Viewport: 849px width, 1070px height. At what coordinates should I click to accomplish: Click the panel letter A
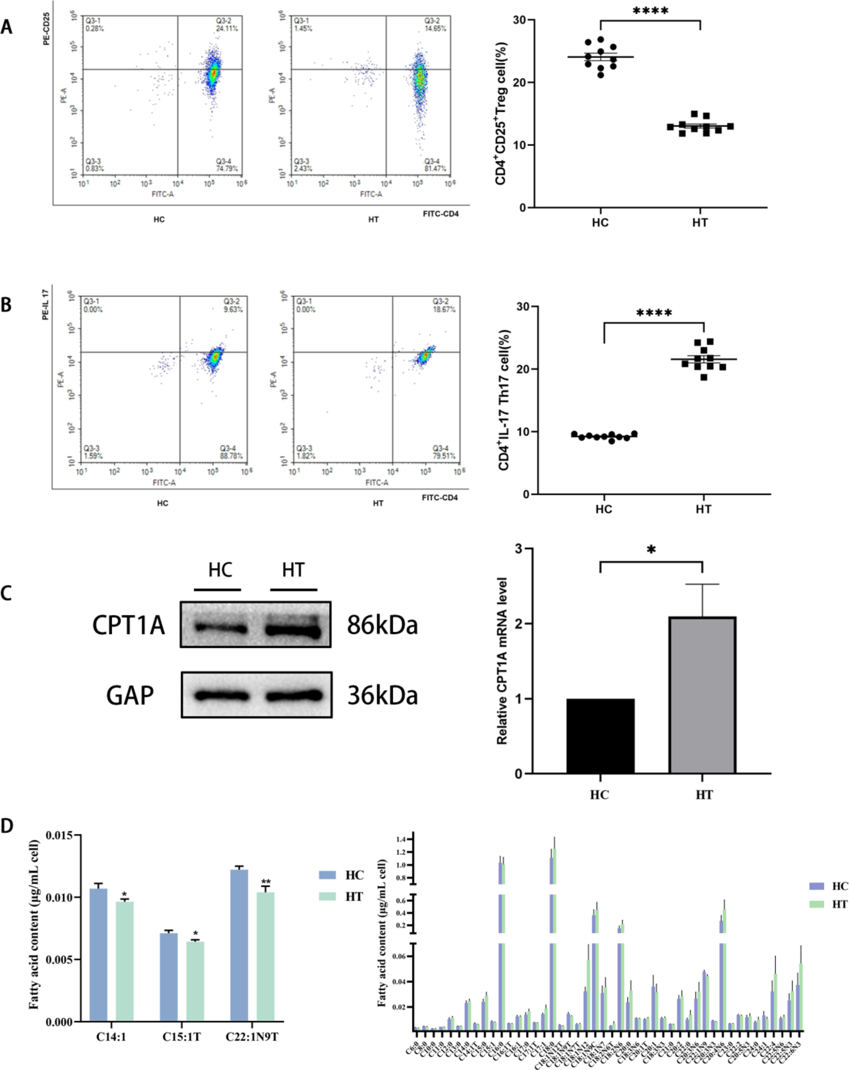pos(6,27)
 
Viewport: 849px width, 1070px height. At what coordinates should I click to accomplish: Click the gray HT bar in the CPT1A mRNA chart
pos(702,695)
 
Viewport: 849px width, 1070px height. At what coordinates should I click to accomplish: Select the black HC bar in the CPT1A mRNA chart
pos(600,736)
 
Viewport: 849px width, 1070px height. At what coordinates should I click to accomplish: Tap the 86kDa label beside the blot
pos(382,625)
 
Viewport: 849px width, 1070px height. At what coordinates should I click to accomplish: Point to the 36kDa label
pos(382,696)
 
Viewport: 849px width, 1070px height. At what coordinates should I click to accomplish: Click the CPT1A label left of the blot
pos(128,625)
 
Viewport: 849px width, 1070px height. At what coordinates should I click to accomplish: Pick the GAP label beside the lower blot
pos(130,696)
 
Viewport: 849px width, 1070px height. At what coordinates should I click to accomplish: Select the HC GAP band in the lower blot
pos(222,696)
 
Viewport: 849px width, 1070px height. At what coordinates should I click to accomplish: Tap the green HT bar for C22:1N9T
pos(265,957)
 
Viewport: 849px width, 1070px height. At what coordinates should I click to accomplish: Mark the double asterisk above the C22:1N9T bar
pos(266,883)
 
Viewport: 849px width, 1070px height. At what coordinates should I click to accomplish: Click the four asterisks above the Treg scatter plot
pos(650,11)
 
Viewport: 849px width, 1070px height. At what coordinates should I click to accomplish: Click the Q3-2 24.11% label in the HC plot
pos(227,25)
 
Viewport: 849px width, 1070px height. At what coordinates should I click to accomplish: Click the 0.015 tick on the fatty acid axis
pos(62,835)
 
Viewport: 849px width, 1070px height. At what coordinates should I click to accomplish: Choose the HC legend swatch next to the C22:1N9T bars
pos(328,875)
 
